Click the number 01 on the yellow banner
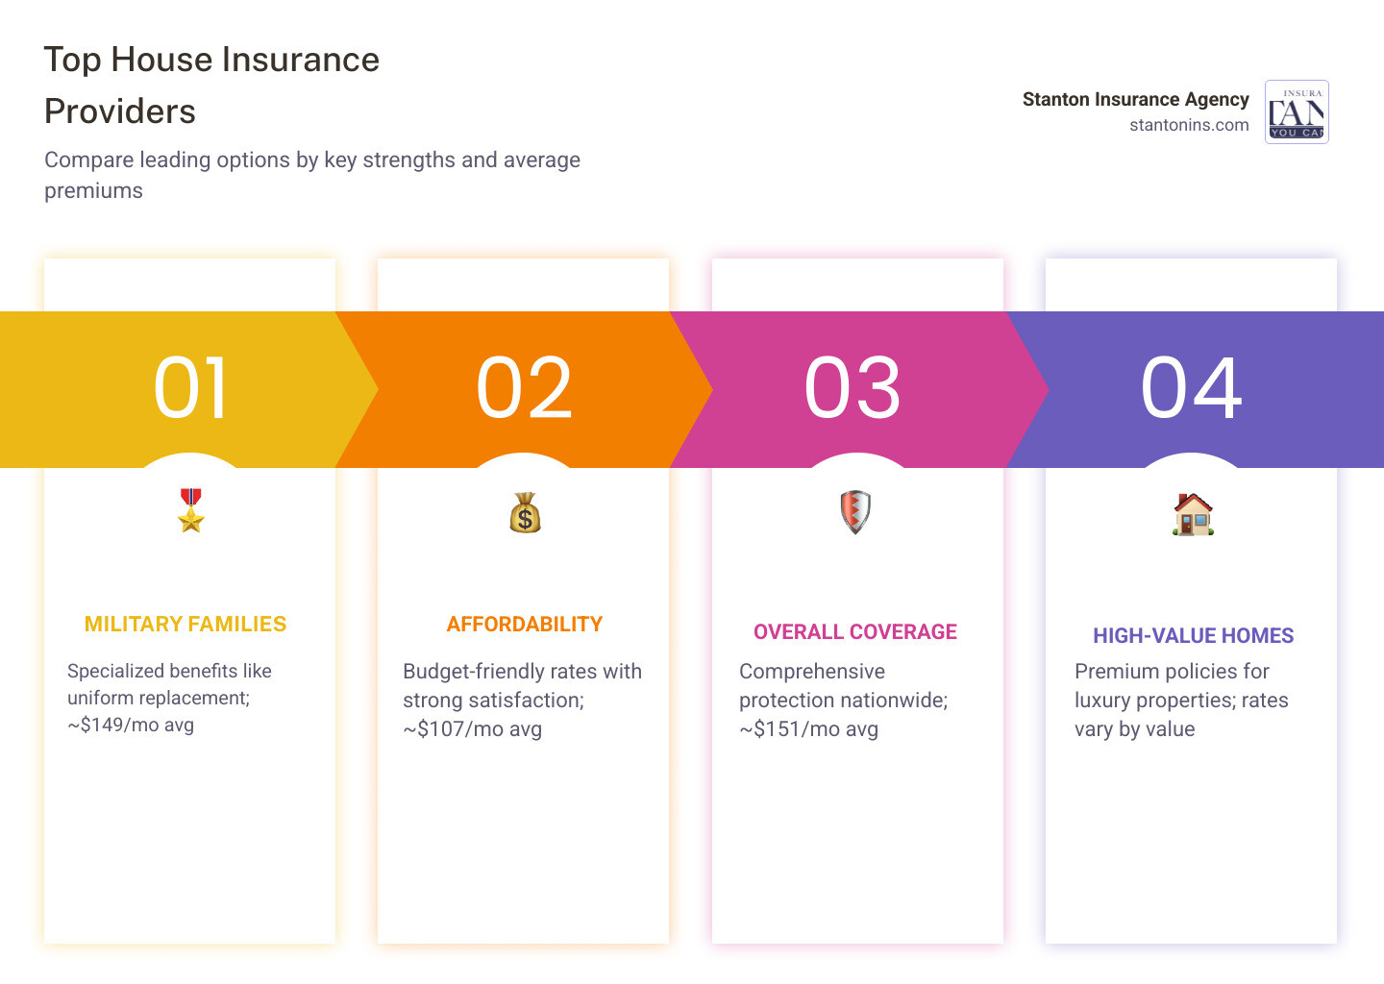point(191,388)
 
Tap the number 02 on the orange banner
point(525,388)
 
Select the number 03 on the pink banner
point(853,388)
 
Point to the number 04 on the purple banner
point(1192,388)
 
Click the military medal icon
point(191,510)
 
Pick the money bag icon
point(525,512)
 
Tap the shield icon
point(855,511)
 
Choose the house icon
point(1193,514)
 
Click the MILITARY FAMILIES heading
point(185,625)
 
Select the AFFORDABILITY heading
point(525,625)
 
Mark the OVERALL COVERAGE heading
point(855,632)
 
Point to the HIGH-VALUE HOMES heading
point(1193,636)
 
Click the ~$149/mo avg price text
point(131,726)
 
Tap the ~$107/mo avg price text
point(473,729)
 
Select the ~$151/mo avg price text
point(809,729)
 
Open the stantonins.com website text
point(1189,125)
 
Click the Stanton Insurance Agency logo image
point(1297,111)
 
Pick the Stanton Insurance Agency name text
point(1135,99)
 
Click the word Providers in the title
point(120,111)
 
